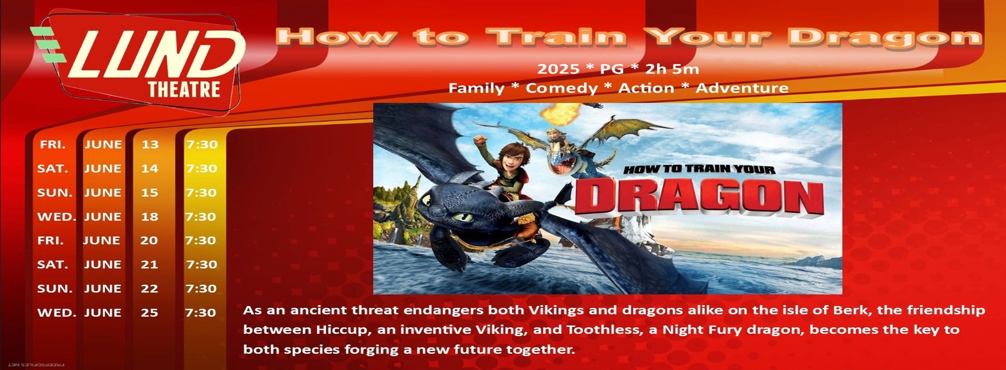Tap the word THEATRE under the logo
pyautogui.click(x=184, y=90)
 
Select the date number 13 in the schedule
pyautogui.click(x=150, y=144)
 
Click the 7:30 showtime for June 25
pyautogui.click(x=201, y=313)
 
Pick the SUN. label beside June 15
pyautogui.click(x=55, y=192)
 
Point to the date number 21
pyautogui.click(x=149, y=265)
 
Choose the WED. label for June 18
pyautogui.click(x=57, y=217)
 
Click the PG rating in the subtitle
pyautogui.click(x=612, y=69)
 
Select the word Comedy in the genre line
pyautogui.click(x=562, y=88)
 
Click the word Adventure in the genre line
pyautogui.click(x=742, y=88)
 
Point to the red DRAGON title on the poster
pyautogui.click(x=699, y=198)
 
